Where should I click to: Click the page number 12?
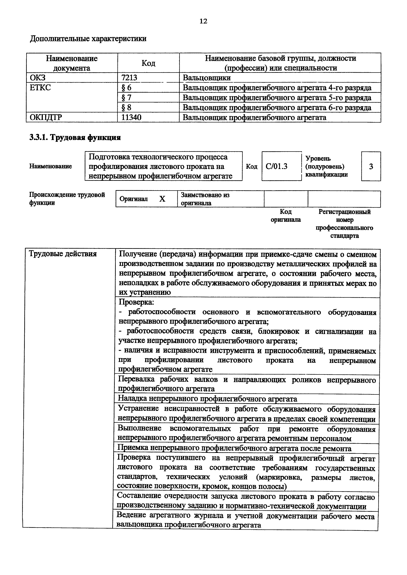click(x=203, y=21)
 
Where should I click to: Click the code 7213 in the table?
click(x=129, y=78)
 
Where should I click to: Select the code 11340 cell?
click(x=131, y=118)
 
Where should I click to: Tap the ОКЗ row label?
click(x=38, y=78)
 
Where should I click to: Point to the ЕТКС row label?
click(x=40, y=88)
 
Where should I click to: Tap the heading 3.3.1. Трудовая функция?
click(x=75, y=138)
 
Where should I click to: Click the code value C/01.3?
click(x=277, y=166)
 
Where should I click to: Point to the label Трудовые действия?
click(x=63, y=254)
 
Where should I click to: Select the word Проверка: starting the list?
click(x=136, y=302)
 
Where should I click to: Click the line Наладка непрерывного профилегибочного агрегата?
click(x=207, y=398)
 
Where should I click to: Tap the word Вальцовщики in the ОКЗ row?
click(x=207, y=78)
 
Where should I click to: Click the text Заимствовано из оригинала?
click(x=205, y=199)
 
